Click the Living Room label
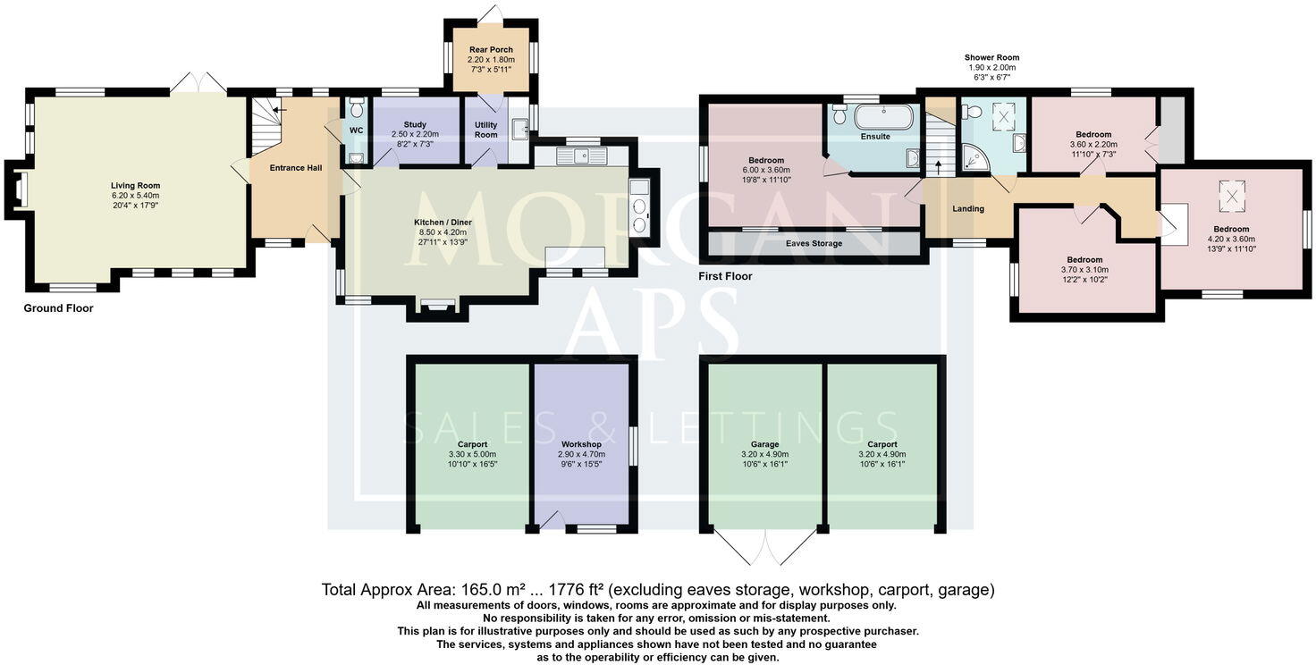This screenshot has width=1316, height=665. [x=135, y=186]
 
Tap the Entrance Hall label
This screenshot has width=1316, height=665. [x=296, y=168]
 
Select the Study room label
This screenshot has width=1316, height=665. [x=415, y=124]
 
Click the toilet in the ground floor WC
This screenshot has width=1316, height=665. [x=357, y=108]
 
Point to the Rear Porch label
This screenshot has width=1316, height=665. [x=491, y=50]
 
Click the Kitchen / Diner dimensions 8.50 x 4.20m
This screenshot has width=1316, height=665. [x=443, y=232]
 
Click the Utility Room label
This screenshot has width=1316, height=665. [x=485, y=130]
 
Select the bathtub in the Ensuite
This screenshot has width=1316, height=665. [x=883, y=117]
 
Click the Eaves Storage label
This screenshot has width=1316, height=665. [x=814, y=243]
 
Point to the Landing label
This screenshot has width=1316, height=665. [x=968, y=208]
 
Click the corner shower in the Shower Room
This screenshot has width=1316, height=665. [x=976, y=157]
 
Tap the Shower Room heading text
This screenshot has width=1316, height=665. [x=991, y=57]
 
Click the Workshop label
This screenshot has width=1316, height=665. [x=581, y=445]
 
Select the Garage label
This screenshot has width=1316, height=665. [x=764, y=445]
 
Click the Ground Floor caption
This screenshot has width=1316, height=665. [x=58, y=308]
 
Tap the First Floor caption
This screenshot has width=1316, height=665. [x=725, y=276]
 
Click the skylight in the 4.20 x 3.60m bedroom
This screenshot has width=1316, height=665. [x=1232, y=197]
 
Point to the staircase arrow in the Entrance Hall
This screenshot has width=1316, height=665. [x=279, y=110]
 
